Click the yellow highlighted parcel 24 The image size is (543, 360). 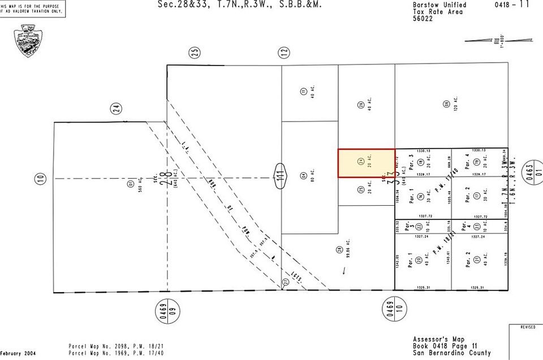coord(366,163)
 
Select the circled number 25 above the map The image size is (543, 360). coord(195,53)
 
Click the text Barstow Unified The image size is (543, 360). coord(439,5)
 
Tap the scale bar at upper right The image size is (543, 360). coord(484,40)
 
